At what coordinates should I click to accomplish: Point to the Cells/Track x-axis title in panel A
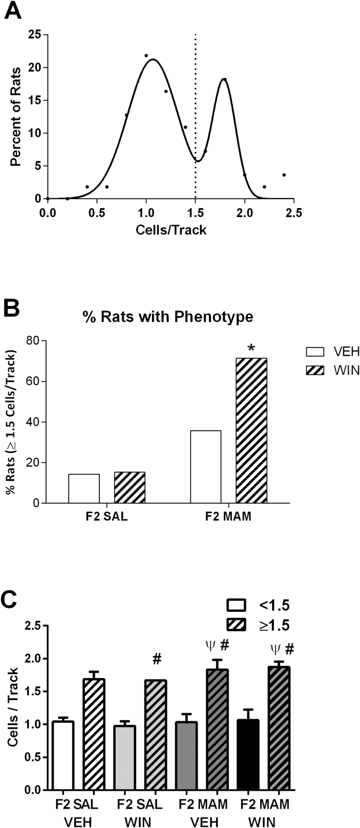pos(170,230)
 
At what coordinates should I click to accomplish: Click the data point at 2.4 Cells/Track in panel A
pos(284,175)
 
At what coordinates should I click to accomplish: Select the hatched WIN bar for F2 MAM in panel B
pos(251,431)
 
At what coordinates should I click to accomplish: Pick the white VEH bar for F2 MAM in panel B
pos(206,467)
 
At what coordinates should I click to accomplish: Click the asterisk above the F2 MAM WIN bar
pos(251,347)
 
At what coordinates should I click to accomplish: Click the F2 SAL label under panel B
pos(106,517)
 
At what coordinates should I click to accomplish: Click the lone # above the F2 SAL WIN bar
pos(157,659)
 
